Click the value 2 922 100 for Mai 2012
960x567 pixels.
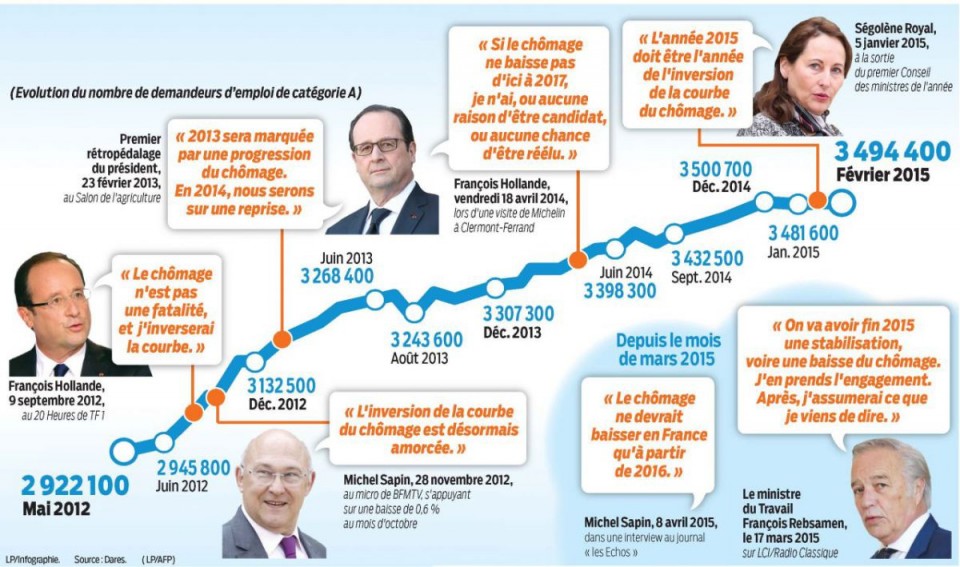click(75, 487)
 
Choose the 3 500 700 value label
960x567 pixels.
click(716, 168)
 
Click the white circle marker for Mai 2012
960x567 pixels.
click(123, 451)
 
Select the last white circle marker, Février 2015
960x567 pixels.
click(843, 201)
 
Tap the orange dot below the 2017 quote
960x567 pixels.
click(577, 261)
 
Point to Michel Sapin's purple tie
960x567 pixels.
click(289, 546)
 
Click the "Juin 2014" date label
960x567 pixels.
click(620, 271)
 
